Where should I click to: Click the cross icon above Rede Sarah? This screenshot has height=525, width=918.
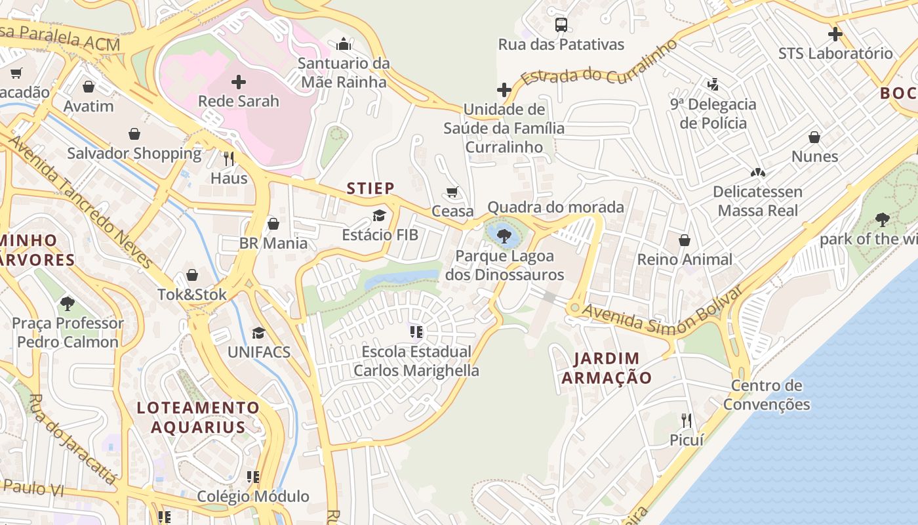(x=239, y=82)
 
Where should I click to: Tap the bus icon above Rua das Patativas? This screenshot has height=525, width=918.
(x=561, y=25)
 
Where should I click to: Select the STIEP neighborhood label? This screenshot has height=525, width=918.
(x=370, y=189)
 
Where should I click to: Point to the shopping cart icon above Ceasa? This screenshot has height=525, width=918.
(x=452, y=192)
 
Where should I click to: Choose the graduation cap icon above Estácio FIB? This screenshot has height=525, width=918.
(x=379, y=215)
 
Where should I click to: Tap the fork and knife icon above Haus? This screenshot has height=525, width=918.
(x=229, y=158)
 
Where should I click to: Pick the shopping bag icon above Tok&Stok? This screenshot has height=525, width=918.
(x=192, y=275)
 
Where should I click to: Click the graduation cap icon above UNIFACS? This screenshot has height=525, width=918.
(x=258, y=333)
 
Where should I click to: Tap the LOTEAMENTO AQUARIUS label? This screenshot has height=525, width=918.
(x=198, y=417)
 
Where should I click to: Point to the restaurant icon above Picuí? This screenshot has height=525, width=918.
(x=687, y=420)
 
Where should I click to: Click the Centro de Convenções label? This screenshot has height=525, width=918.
(x=767, y=395)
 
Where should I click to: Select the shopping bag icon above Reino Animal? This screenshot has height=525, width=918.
(x=685, y=240)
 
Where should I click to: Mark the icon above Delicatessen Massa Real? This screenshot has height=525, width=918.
(x=758, y=173)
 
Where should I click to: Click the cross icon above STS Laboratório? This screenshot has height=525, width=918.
(x=835, y=34)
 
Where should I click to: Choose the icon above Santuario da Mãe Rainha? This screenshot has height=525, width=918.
(x=344, y=45)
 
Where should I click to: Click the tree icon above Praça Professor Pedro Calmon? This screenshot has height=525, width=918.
(x=67, y=303)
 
